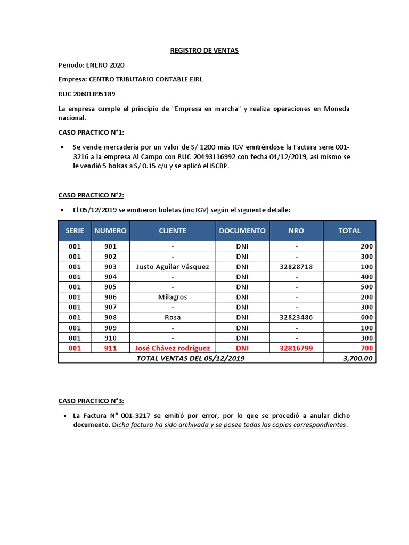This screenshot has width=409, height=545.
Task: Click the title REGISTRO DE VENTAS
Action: point(204,51)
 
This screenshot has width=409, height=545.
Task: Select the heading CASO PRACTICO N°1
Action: point(91,133)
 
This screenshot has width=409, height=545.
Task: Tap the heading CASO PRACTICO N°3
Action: point(91,401)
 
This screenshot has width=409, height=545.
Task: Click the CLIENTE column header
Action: point(173,230)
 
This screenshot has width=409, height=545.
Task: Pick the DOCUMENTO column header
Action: point(242,230)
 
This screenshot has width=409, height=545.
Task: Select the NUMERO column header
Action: point(111,230)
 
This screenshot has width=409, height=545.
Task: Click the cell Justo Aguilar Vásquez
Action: point(173,267)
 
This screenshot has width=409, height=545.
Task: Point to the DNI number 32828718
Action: point(296,267)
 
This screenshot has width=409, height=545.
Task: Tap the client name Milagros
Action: point(173,297)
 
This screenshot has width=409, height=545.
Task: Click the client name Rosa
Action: point(173,317)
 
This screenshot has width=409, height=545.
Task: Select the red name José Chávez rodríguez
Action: point(173,348)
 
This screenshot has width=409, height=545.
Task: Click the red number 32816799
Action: point(296,348)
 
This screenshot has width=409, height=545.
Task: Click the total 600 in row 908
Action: point(368,317)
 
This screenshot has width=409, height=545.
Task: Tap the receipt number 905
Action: point(111,287)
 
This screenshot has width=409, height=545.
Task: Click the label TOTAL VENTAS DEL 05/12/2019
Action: point(191,359)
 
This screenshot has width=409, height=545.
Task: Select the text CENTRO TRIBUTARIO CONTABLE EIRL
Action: point(145,79)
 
